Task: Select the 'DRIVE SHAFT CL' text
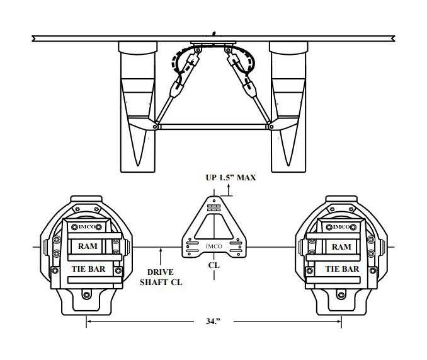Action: coord(161,278)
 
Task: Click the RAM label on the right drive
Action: coord(341,247)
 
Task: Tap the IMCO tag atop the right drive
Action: coord(341,226)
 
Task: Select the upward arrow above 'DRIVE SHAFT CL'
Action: coord(163,256)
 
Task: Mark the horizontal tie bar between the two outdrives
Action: coord(214,127)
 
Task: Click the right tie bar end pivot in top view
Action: coord(271,127)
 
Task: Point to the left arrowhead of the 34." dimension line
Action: coord(89,322)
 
